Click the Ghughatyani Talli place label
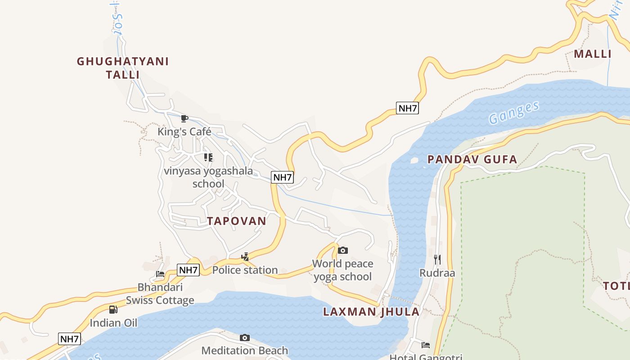coord(123,68)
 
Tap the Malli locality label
coord(593,54)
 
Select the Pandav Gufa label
coord(472,159)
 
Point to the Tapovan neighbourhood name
coord(237,221)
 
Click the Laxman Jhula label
coord(371,311)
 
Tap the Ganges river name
coord(514,112)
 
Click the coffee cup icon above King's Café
coord(184,118)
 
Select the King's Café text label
coord(184,132)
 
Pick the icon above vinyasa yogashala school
coord(208,157)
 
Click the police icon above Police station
coord(245,257)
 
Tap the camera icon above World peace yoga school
coord(343,250)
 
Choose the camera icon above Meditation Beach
coord(245,337)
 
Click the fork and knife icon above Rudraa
coord(437,259)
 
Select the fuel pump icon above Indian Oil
coord(113,309)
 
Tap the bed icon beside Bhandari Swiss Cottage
coord(160,274)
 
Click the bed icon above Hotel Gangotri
coord(425,345)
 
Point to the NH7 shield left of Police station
coord(189,270)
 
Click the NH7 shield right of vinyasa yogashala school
coord(283,177)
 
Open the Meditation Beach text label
coord(245,351)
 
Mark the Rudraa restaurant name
coord(437,273)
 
